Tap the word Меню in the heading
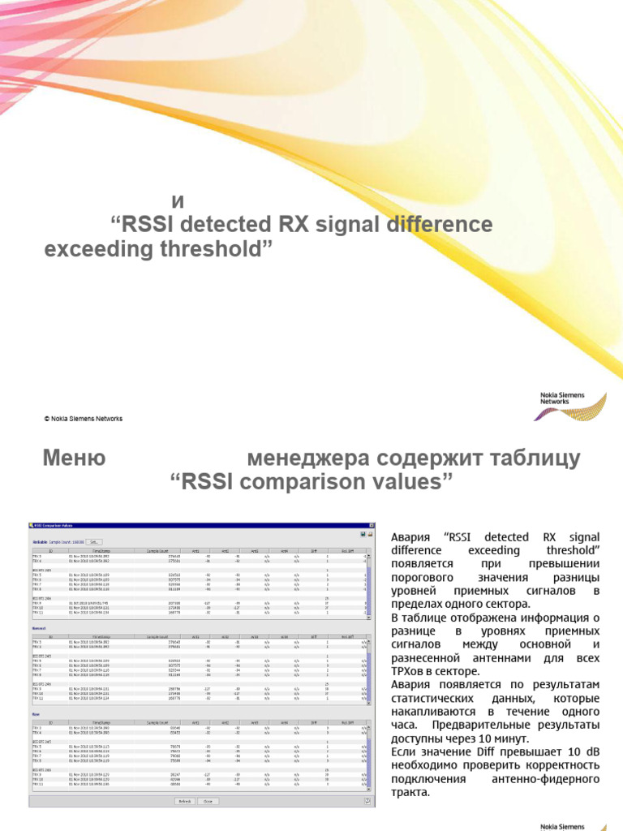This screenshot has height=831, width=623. coord(74,459)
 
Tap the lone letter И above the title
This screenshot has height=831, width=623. coord(171,200)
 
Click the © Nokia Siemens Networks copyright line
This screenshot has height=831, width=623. coord(83,419)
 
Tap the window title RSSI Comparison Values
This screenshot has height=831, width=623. coord(57,525)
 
